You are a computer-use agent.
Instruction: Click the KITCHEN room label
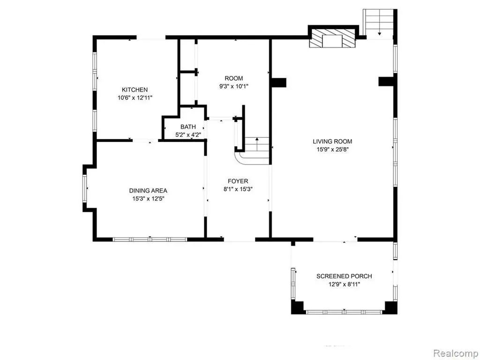[x=135, y=90]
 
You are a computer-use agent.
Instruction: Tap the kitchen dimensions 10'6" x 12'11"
[x=135, y=98]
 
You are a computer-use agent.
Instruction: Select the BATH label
[x=188, y=127]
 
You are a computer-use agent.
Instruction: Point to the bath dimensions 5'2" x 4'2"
[x=188, y=135]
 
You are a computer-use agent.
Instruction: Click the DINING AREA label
[x=148, y=191]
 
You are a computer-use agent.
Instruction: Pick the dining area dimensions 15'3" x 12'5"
[x=148, y=199]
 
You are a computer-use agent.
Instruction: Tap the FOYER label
[x=238, y=181]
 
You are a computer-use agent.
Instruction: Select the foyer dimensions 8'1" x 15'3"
[x=238, y=189]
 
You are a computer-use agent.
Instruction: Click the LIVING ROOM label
[x=332, y=142]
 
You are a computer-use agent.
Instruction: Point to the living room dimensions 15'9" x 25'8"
[x=332, y=150]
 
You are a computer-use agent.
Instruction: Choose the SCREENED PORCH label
[x=344, y=276]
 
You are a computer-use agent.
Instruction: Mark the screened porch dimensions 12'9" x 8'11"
[x=344, y=285]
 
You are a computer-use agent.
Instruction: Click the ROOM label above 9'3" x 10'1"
[x=234, y=78]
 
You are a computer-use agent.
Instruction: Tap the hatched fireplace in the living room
[x=333, y=38]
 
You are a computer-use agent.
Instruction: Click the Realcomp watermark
[x=456, y=353]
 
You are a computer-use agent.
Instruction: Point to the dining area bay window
[x=84, y=188]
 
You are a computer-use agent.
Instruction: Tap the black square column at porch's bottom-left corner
[x=297, y=307]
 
